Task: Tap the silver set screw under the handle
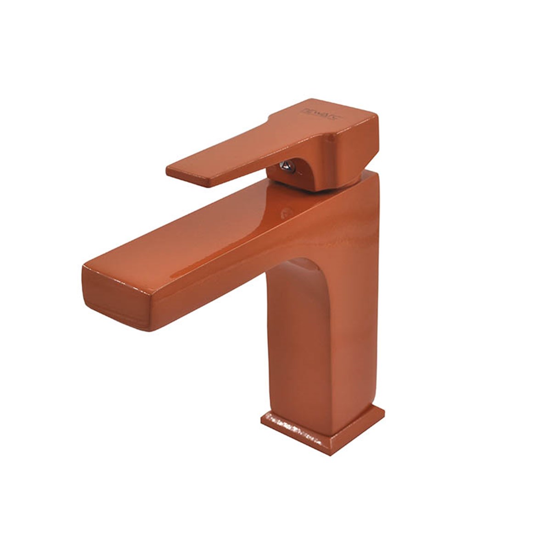[x=287, y=165]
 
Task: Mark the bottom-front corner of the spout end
[x=149, y=330]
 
